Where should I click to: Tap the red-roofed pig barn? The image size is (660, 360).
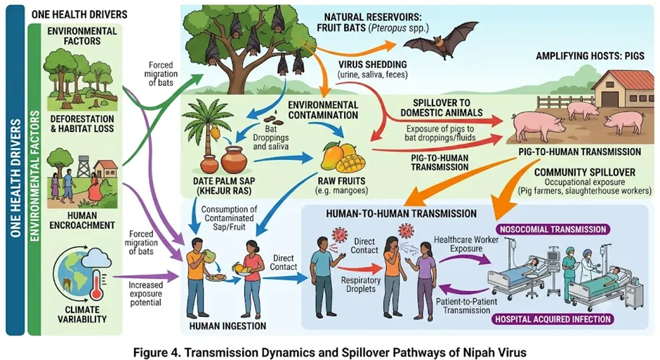coord(622,88)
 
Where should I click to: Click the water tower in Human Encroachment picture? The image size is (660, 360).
coord(83,166)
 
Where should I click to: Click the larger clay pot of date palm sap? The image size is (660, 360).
coord(234,159)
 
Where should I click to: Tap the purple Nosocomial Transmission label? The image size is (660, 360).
coord(553,229)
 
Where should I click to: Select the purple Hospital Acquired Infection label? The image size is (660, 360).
coord(553,319)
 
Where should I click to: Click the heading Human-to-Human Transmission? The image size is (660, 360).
coord(401,213)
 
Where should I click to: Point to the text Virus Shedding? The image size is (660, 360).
coord(373,65)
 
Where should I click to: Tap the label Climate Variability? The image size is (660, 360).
coord(82,314)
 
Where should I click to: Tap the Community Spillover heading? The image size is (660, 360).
coord(585,172)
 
